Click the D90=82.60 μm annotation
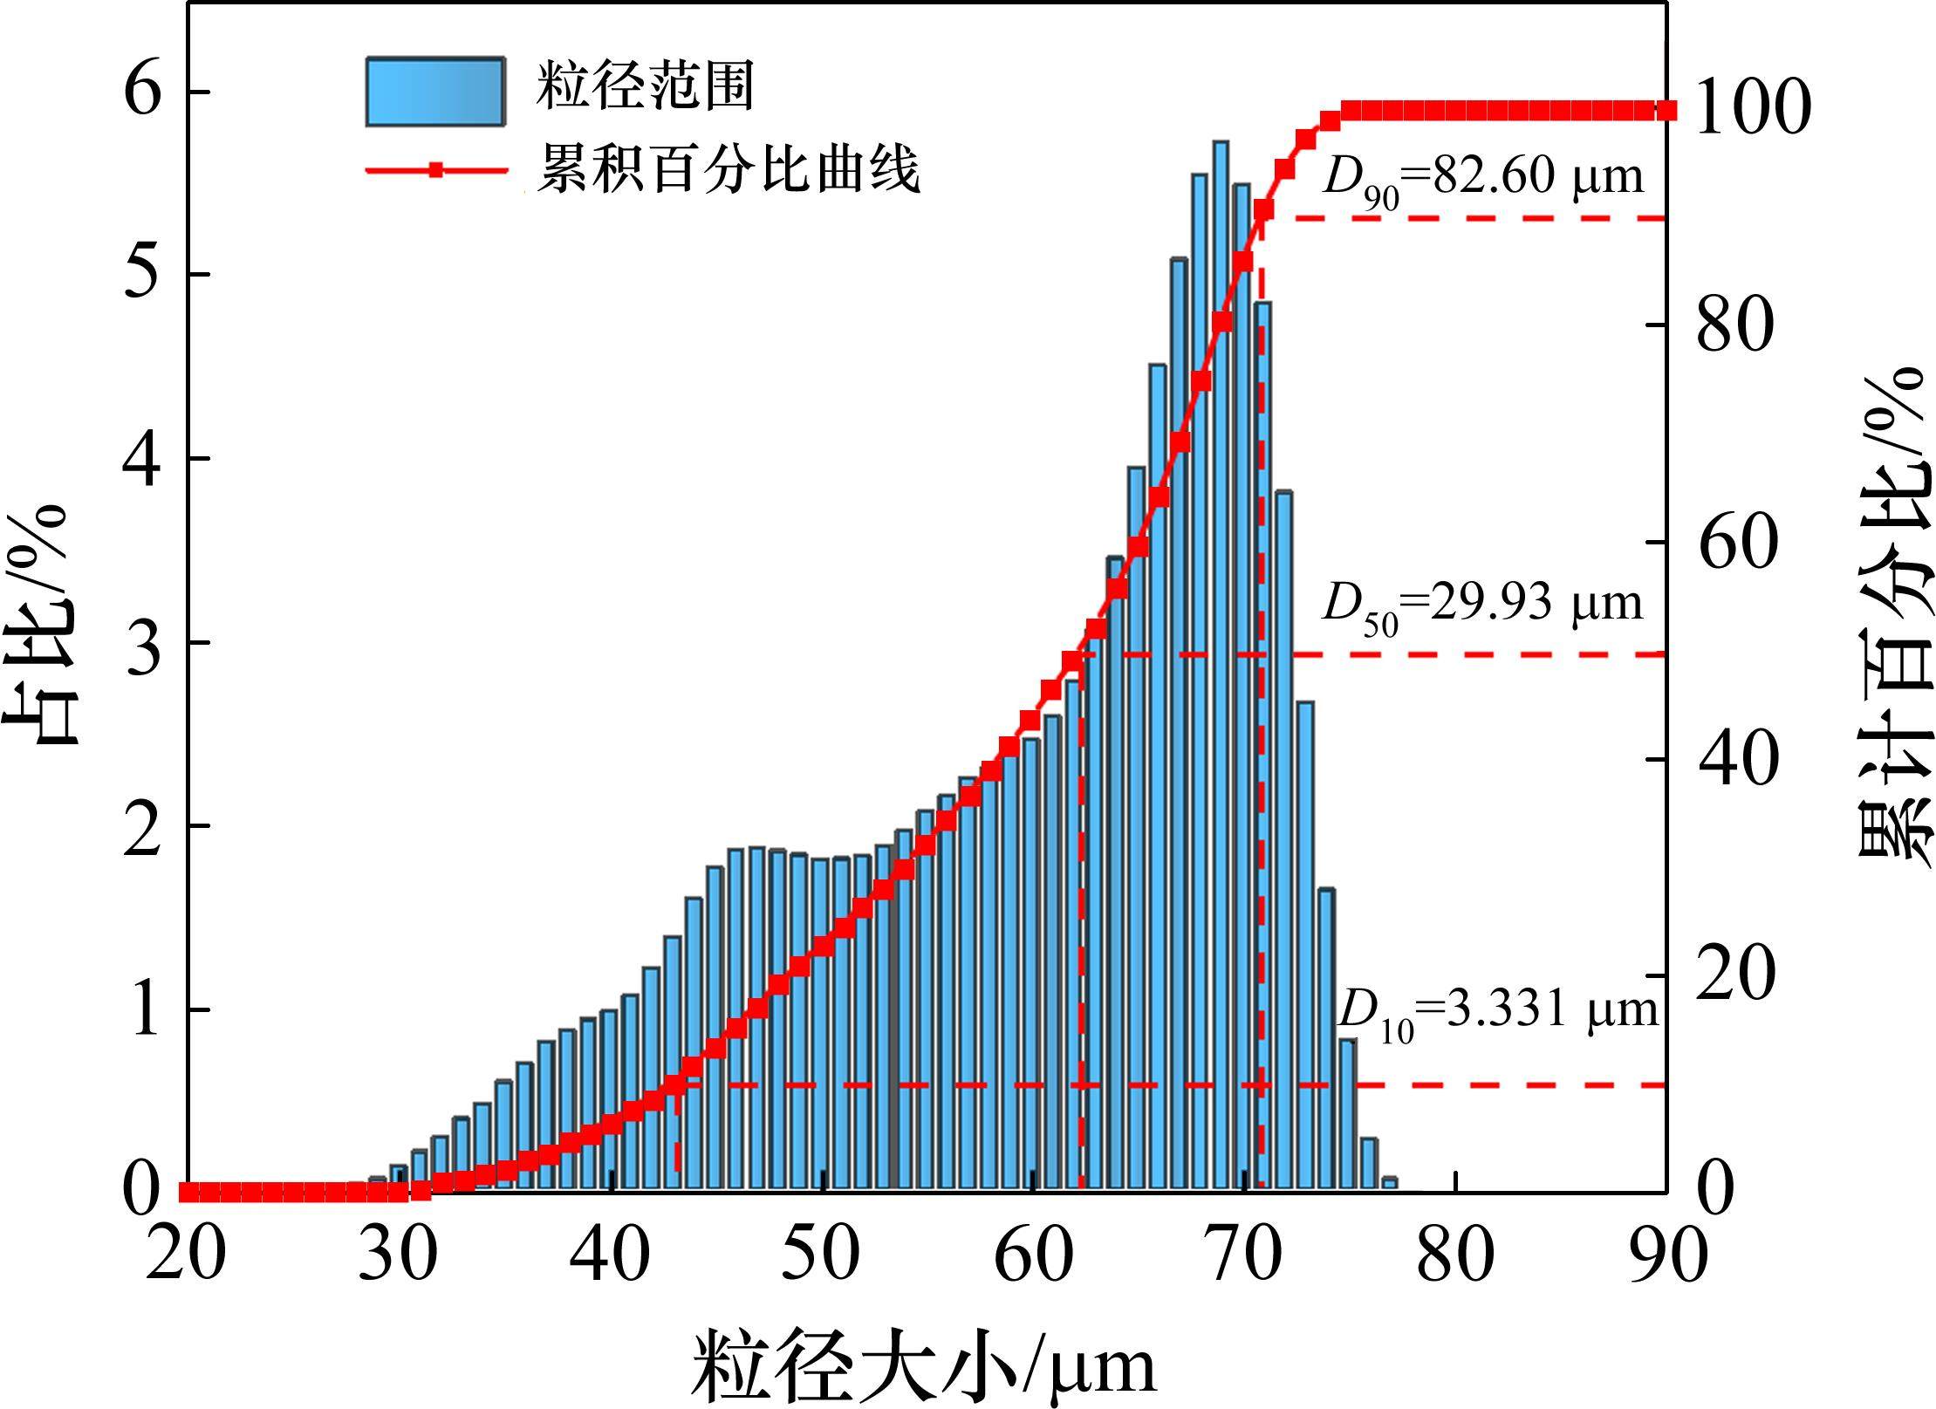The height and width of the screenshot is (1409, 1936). tap(1482, 179)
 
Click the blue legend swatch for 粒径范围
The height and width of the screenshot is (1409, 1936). tap(434, 92)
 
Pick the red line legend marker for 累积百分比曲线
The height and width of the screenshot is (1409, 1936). tap(435, 170)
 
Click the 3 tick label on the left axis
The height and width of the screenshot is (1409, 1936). tap(143, 643)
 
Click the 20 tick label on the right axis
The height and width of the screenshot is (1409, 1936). tap(1736, 975)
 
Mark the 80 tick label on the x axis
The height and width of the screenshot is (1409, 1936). tap(1454, 1257)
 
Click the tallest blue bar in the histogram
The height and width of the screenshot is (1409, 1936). tap(1221, 663)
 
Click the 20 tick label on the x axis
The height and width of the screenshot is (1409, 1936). tap(185, 1257)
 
